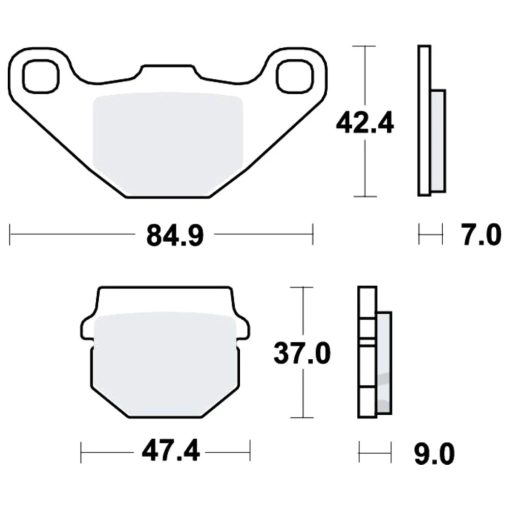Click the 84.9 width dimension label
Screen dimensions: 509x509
click(x=175, y=235)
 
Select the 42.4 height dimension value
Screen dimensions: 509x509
click(x=365, y=123)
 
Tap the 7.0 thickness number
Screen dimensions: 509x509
click(x=481, y=235)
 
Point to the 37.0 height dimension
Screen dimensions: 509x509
click(x=302, y=353)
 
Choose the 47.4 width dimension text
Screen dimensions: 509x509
click(x=171, y=451)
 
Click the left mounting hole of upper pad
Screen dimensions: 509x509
click(x=41, y=77)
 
